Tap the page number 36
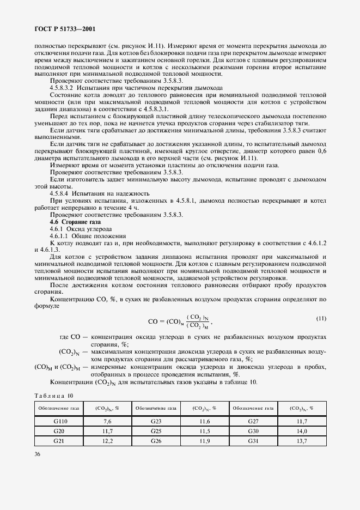[x=38, y=452]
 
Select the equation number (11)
[x=321, y=318]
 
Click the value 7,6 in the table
[x=107, y=421]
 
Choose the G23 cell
[x=156, y=421]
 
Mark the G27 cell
[x=253, y=421]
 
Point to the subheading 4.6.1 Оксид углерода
[x=73, y=229]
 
